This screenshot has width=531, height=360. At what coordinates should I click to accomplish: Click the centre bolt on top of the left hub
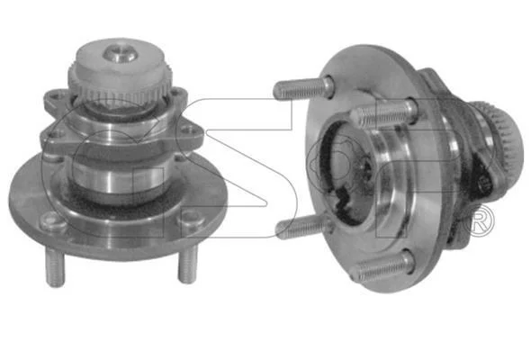(120, 53)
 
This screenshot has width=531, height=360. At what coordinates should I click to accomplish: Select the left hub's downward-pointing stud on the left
(55, 266)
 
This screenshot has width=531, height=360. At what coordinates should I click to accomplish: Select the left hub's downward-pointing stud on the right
(187, 265)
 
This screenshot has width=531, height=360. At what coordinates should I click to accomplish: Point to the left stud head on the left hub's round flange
(53, 220)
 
